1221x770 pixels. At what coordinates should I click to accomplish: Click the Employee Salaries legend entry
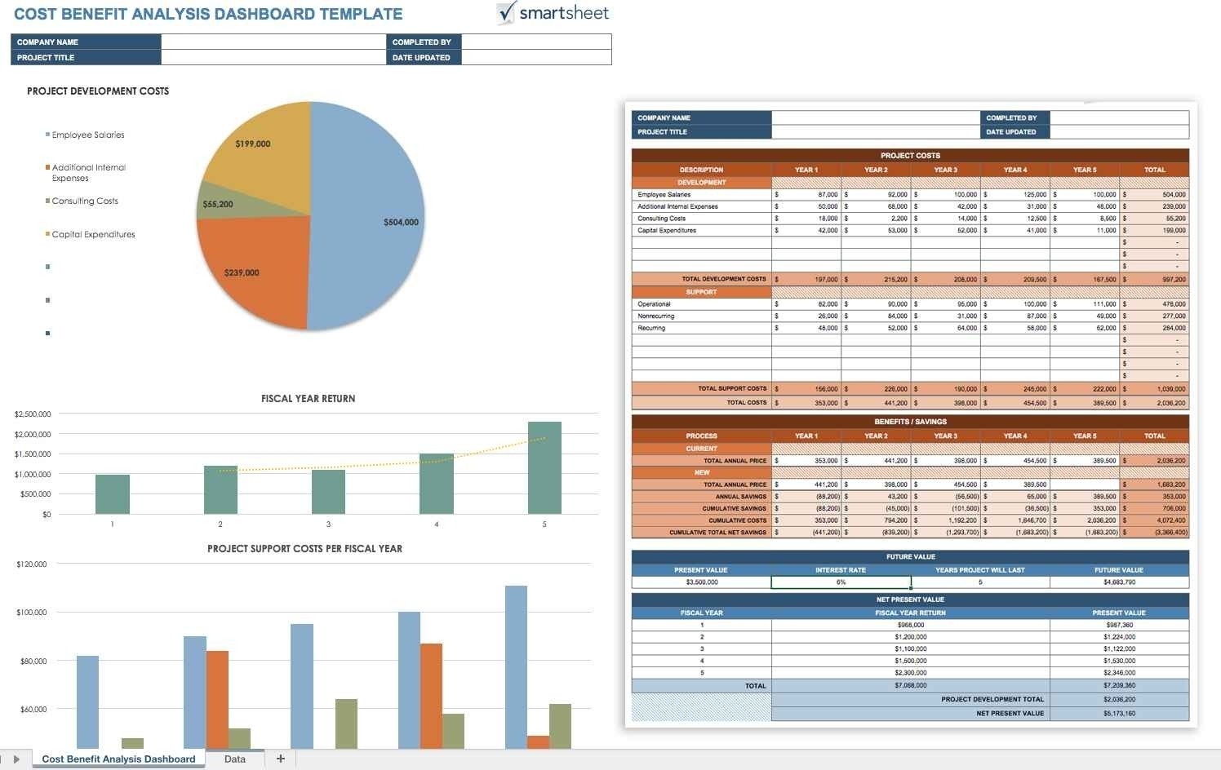pyautogui.click(x=87, y=135)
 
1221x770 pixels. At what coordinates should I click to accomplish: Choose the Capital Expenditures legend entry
pyautogui.click(x=93, y=235)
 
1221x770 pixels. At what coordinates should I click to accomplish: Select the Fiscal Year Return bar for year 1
pyautogui.click(x=112, y=494)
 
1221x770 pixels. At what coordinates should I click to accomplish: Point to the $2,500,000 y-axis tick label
pyautogui.click(x=33, y=414)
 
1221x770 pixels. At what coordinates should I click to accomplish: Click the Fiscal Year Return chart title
pyautogui.click(x=308, y=399)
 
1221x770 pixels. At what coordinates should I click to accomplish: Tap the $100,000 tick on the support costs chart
pyautogui.click(x=32, y=613)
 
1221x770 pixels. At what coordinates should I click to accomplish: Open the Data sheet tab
pyautogui.click(x=235, y=759)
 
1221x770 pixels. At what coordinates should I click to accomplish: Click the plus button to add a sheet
pyautogui.click(x=281, y=759)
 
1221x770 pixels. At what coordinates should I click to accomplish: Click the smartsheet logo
pyautogui.click(x=553, y=13)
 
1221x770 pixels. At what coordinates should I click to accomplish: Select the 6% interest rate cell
pyautogui.click(x=841, y=582)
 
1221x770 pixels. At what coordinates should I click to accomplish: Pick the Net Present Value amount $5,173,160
pyautogui.click(x=1118, y=714)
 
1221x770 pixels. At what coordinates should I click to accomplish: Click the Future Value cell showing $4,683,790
pyautogui.click(x=1118, y=582)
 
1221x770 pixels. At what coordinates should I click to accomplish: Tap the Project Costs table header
pyautogui.click(x=910, y=156)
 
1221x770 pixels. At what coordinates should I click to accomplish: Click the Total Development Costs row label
pyautogui.click(x=723, y=279)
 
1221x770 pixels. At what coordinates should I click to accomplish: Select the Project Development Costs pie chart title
pyautogui.click(x=98, y=91)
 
